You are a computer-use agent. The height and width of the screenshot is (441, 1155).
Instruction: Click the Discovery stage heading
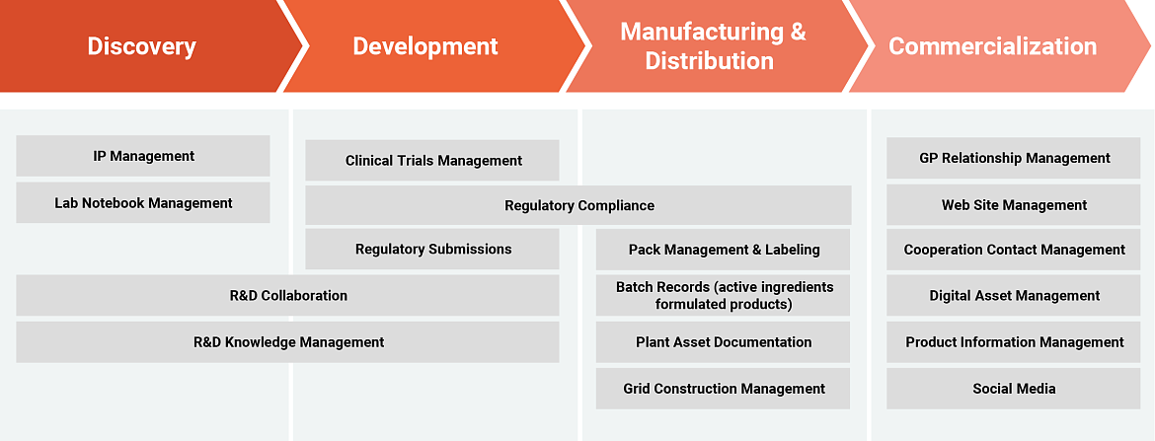pyautogui.click(x=142, y=46)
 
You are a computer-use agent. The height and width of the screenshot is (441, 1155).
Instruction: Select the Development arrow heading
pyautogui.click(x=425, y=46)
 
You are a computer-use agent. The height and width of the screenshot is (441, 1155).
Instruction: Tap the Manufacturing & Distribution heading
pyautogui.click(x=713, y=46)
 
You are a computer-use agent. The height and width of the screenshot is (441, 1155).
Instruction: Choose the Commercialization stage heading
pyautogui.click(x=993, y=46)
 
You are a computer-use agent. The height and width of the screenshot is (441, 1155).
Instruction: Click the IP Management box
pyautogui.click(x=143, y=156)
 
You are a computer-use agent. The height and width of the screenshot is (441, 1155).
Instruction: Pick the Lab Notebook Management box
pyautogui.click(x=143, y=202)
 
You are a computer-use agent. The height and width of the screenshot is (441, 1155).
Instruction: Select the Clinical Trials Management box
pyautogui.click(x=432, y=161)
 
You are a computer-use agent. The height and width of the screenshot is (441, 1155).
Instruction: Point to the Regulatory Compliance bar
pyautogui.click(x=578, y=205)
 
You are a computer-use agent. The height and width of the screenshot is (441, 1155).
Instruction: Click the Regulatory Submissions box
pyautogui.click(x=432, y=249)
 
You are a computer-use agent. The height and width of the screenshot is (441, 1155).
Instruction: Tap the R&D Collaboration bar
pyautogui.click(x=288, y=295)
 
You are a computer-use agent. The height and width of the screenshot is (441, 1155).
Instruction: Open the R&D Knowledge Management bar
pyautogui.click(x=288, y=341)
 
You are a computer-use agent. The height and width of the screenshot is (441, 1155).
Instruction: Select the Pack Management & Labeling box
pyautogui.click(x=724, y=249)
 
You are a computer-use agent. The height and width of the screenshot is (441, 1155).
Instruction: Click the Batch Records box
pyautogui.click(x=724, y=295)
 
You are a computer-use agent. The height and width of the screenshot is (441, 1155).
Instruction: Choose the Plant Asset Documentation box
pyautogui.click(x=724, y=341)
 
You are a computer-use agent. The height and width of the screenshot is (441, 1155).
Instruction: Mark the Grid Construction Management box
pyautogui.click(x=724, y=388)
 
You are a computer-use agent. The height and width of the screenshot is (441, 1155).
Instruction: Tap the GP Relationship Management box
pyautogui.click(x=1014, y=158)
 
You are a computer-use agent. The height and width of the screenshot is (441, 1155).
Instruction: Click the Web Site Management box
pyautogui.click(x=1014, y=204)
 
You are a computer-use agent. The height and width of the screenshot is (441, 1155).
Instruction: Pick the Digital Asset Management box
pyautogui.click(x=1014, y=295)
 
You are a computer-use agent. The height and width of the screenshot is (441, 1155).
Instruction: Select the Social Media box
pyautogui.click(x=1014, y=388)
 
